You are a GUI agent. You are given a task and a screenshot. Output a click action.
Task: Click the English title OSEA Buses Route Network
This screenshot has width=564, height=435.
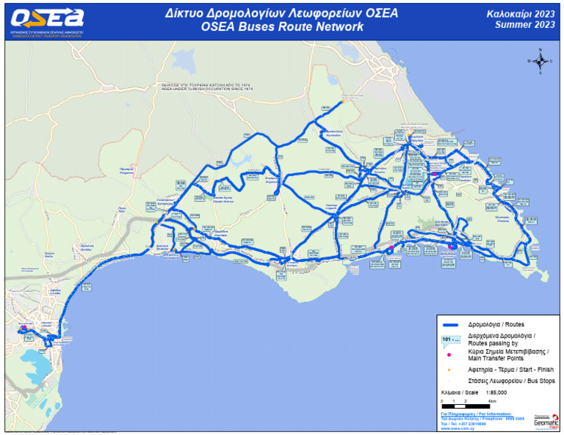(282, 27)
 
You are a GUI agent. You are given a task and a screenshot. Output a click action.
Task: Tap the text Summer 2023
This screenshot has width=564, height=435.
(524, 24)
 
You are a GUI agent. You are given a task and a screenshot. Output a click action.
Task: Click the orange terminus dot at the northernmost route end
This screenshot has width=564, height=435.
(342, 101)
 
